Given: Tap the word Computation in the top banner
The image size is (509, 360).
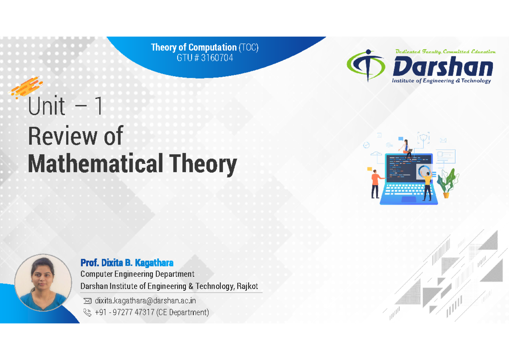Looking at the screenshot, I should click(x=212, y=47).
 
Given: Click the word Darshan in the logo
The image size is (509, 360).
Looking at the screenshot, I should click(x=442, y=68).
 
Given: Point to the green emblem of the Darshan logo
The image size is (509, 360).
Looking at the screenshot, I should click(x=367, y=65).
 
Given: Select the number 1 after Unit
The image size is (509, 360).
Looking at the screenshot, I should click(x=98, y=107).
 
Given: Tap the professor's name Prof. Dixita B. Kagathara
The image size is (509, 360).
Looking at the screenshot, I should click(x=127, y=263).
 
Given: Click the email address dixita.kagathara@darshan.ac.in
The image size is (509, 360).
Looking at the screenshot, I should click(x=145, y=301).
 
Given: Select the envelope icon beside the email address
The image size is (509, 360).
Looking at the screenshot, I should click(x=88, y=301).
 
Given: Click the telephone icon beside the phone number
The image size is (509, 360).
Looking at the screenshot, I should click(x=88, y=313).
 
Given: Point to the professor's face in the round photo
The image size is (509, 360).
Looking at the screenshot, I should click(x=42, y=276).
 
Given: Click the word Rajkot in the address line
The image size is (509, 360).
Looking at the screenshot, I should click(x=246, y=286).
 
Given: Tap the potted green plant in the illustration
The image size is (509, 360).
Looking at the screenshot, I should click(x=446, y=183).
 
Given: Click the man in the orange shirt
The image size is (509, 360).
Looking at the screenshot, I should click(x=375, y=182).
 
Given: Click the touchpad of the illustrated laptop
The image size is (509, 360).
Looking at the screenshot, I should click(x=408, y=199).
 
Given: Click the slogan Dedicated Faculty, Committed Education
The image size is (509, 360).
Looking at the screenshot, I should click(x=445, y=52).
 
